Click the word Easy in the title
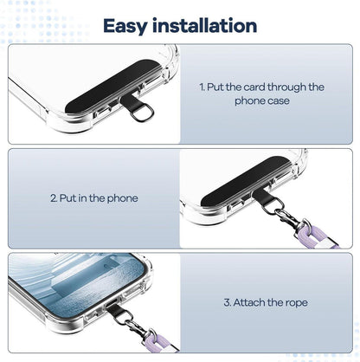point(125,26)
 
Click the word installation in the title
point(204,25)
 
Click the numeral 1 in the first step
point(202,87)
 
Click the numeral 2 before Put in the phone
point(54,198)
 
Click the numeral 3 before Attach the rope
point(228,302)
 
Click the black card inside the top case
point(113,86)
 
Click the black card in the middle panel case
point(245,181)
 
